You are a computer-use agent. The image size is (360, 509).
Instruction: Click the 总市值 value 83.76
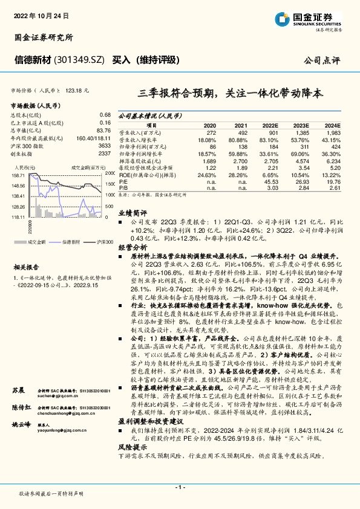click(103, 129)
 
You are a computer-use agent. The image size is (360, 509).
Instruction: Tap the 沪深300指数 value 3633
click(104, 145)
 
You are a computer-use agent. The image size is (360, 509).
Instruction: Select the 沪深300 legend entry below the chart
click(104, 242)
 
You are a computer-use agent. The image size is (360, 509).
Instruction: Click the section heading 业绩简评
click(132, 213)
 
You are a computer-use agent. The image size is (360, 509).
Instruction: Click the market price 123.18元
click(77, 89)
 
